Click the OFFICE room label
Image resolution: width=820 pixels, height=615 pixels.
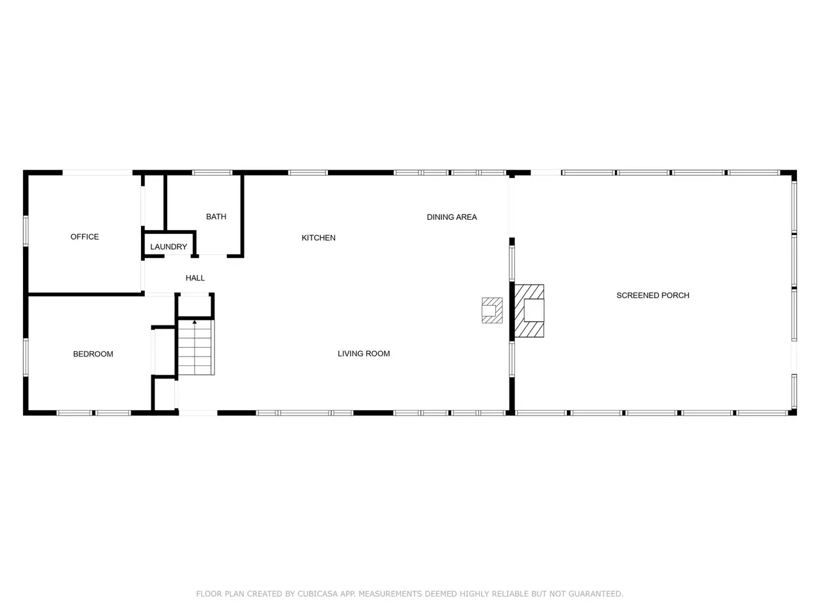click(85, 237)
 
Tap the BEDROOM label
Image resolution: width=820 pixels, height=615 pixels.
click(93, 354)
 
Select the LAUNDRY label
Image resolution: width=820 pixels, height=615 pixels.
click(168, 247)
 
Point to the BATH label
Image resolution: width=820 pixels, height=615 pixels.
click(217, 217)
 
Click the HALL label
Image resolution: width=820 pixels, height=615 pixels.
click(195, 278)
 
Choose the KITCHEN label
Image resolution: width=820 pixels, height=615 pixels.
click(318, 238)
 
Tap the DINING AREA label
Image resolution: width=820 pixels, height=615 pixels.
click(452, 217)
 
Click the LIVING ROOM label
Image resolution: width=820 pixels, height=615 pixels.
click(364, 354)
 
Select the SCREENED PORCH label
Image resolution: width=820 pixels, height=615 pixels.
click(653, 295)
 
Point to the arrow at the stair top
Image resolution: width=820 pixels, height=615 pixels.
click(195, 322)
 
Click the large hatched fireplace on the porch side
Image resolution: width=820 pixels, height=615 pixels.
click(529, 311)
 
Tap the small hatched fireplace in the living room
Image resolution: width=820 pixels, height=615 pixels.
click(492, 310)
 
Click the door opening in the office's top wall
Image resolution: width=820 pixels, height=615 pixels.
click(97, 172)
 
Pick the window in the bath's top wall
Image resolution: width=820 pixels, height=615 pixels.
click(212, 172)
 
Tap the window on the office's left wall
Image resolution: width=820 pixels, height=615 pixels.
click(26, 231)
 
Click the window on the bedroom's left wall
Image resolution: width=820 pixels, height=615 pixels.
click(26, 357)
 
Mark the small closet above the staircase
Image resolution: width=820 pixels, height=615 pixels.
click(195, 306)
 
